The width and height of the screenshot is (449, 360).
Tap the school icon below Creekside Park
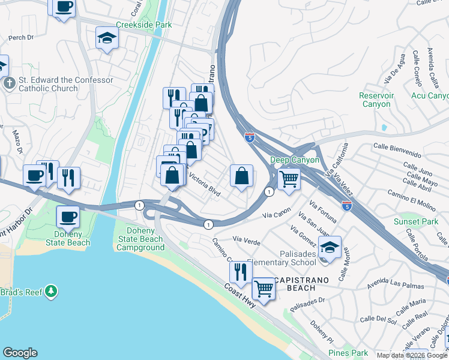click(107, 38)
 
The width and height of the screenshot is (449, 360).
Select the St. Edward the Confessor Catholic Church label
click(58, 84)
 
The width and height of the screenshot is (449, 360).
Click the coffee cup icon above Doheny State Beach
click(68, 216)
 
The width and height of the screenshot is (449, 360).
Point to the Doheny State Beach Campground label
click(140, 239)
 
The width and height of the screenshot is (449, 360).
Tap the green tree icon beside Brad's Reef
click(52, 292)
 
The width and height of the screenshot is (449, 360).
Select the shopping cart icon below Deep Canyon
click(289, 178)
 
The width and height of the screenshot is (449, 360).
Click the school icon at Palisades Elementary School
click(330, 247)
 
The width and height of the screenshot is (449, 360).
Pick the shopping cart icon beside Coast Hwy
click(264, 289)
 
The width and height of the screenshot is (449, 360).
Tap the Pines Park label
click(348, 353)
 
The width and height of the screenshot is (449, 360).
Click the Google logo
click(20, 353)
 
